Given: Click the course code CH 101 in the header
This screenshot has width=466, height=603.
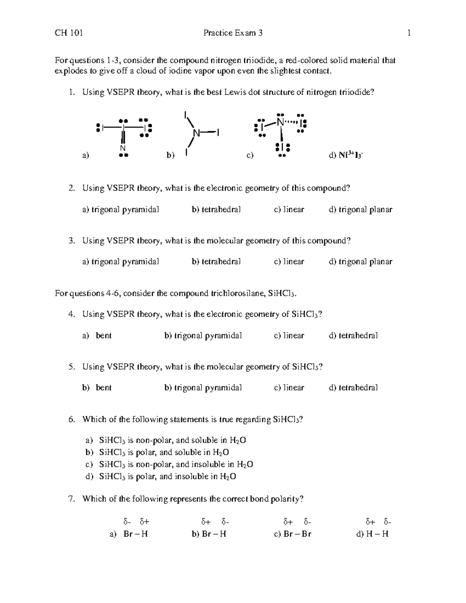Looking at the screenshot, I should pos(69,33).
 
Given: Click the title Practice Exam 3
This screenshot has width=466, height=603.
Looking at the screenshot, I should pos(233,33).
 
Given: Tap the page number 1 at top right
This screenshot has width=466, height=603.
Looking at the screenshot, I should pos(409,33).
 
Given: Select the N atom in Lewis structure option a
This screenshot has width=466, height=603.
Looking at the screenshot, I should pos(123,148).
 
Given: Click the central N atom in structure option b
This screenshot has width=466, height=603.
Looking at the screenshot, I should pos(196,133).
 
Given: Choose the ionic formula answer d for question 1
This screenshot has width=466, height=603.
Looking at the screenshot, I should pos(346,155).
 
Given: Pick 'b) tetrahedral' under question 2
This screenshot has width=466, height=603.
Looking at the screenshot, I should pos(216,210).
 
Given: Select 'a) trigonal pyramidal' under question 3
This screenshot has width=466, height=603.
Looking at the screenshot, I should pos(120,262).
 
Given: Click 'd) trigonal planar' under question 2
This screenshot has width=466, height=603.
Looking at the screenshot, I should pos(360,210).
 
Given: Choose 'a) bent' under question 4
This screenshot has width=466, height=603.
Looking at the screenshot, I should pos(97,335).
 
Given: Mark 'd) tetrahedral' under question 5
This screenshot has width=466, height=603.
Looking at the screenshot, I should pos(353,388).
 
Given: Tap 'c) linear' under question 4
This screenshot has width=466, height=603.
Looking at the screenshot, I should pos(289,335).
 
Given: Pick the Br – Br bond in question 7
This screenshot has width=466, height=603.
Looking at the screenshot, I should pos(297,534).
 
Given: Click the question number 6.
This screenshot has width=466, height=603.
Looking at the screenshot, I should pos(71,419).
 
